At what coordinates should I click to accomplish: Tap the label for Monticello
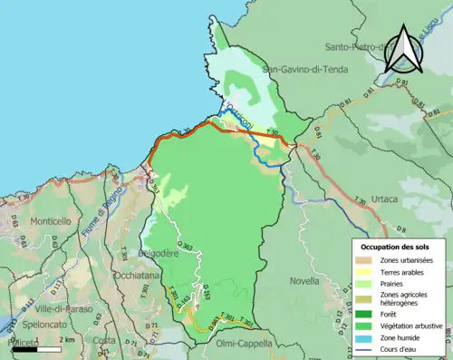click(50, 221)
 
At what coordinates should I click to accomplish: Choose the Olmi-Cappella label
click(246, 344)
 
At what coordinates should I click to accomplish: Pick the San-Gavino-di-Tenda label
click(305, 68)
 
